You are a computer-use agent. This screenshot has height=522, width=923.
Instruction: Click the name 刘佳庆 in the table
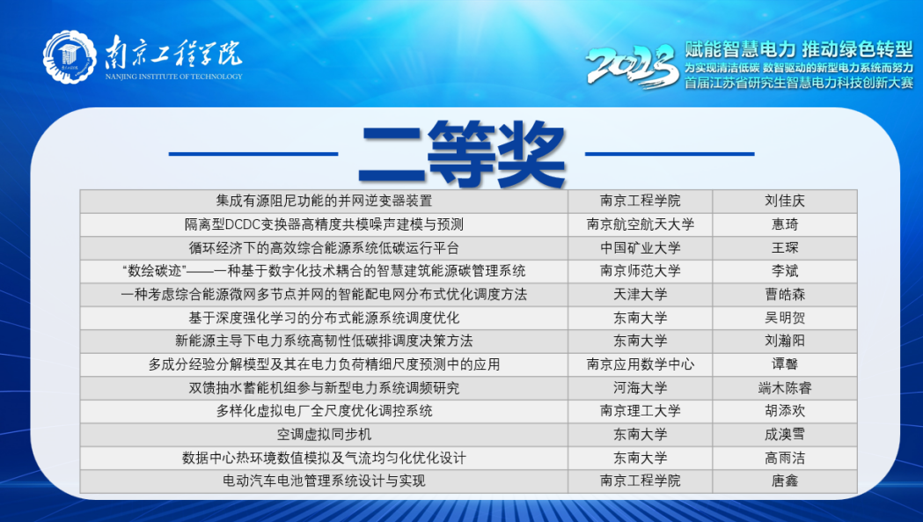tap(785, 201)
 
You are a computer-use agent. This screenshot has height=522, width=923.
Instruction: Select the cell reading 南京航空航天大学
tap(640, 224)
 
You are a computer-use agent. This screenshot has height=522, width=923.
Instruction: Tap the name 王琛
tap(785, 248)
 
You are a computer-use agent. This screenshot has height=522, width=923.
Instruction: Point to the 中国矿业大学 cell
tap(640, 248)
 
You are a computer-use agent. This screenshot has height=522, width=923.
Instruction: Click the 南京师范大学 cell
tap(640, 271)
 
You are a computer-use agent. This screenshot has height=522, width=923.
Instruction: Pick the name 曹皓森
tap(785, 295)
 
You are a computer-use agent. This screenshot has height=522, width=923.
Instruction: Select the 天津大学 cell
tap(640, 295)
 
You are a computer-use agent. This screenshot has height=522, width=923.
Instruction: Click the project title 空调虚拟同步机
tap(325, 435)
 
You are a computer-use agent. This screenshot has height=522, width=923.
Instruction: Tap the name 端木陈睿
tap(785, 388)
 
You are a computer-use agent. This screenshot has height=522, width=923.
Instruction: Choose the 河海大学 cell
tap(640, 388)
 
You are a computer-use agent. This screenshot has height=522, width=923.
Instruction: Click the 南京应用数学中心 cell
tap(640, 364)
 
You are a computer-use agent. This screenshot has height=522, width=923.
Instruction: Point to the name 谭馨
tap(785, 364)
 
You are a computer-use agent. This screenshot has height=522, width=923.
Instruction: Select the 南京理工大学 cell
tap(640, 411)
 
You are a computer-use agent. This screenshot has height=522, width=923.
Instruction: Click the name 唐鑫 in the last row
tap(785, 482)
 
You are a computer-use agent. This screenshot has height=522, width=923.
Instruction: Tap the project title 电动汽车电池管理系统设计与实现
tap(325, 482)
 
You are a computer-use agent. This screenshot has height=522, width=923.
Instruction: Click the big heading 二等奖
tap(462, 153)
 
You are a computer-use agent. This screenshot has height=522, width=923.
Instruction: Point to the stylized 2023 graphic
tap(633, 66)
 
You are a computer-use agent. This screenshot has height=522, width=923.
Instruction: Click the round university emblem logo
tap(70, 57)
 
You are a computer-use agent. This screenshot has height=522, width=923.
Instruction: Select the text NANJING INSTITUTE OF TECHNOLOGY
tap(173, 77)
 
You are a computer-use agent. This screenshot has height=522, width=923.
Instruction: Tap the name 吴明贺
tap(785, 318)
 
